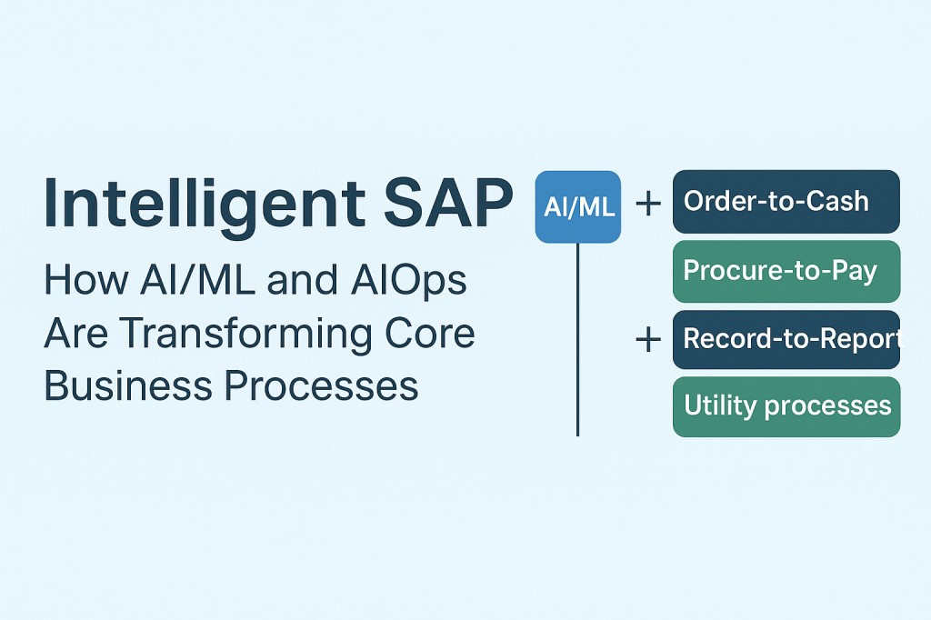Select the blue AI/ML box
click(578, 206)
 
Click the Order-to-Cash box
click(786, 202)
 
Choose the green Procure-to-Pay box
click(786, 271)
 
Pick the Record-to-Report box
click(786, 339)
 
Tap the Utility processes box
click(786, 406)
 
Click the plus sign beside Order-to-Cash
click(647, 203)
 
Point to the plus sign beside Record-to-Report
click(647, 340)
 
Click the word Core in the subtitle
click(434, 335)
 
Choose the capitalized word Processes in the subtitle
click(321, 386)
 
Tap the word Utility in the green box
click(717, 405)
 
